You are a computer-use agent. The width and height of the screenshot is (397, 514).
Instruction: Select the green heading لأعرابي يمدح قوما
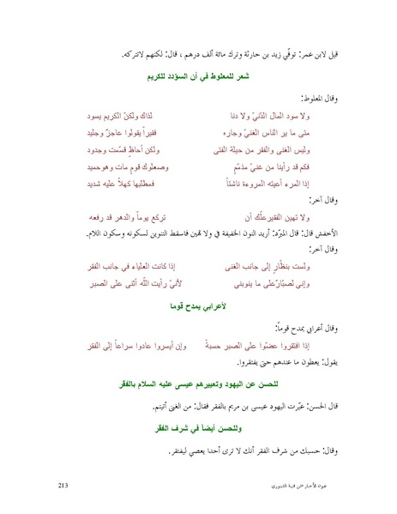tap(199, 304)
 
